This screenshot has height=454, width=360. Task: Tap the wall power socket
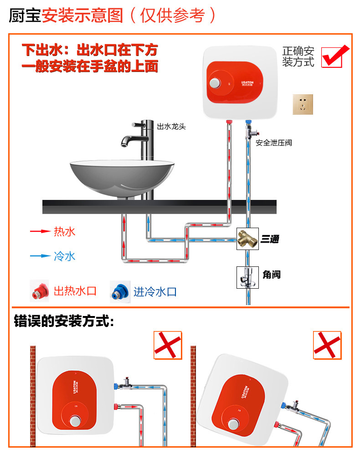[304, 105]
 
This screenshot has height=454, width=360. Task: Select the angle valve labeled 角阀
[247, 275]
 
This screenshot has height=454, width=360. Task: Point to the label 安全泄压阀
[273, 143]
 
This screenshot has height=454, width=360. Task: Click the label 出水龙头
[171, 127]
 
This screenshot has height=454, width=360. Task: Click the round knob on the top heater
[214, 83]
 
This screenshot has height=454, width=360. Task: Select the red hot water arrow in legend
[40, 231]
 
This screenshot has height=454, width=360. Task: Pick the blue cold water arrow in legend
[40, 256]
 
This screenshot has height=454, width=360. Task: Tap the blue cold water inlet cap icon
[120, 291]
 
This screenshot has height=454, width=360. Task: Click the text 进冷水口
[155, 292]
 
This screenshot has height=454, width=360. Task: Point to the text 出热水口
[75, 291]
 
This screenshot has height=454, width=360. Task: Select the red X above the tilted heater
[327, 345]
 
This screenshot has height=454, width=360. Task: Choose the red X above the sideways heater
[167, 345]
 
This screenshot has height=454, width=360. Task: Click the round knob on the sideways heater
[75, 421]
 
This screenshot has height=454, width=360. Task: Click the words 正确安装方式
[298, 56]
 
